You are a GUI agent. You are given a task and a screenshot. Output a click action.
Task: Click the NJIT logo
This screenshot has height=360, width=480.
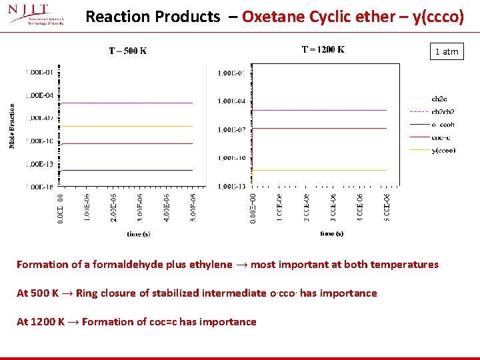37,15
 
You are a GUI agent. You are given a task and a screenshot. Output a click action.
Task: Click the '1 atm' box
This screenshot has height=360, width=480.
447,51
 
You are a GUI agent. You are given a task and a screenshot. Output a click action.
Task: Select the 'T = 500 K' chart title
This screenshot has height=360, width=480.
128,51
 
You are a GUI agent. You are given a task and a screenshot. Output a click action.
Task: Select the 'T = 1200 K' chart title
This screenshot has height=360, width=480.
323,49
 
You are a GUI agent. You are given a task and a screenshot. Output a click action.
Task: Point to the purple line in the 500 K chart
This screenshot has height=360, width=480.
127,103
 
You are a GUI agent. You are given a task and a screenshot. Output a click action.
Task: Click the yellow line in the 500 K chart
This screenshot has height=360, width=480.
127,126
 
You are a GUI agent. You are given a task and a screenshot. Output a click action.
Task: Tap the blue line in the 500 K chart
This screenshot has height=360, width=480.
127,170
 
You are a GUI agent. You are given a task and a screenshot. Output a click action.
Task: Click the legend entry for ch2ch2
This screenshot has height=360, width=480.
433,111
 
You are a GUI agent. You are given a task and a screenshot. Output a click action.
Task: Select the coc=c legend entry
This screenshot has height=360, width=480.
433,137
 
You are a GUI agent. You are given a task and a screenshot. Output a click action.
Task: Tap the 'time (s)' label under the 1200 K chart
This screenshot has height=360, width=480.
331,233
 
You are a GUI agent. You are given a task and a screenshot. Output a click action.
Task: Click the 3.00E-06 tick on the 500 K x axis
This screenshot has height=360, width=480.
140,207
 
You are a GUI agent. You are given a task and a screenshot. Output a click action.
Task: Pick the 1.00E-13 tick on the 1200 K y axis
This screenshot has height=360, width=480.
231,186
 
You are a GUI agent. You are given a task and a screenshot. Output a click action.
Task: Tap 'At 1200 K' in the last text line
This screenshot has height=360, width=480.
40,322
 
